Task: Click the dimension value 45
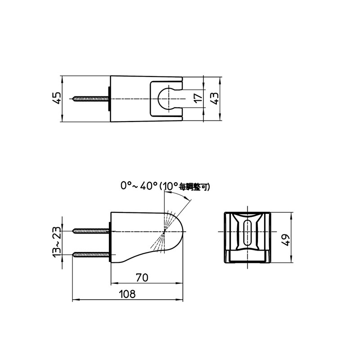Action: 57,99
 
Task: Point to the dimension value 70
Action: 142,278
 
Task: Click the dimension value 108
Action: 127,294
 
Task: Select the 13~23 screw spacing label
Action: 57,242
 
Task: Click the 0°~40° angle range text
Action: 139,186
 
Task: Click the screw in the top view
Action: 91,99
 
